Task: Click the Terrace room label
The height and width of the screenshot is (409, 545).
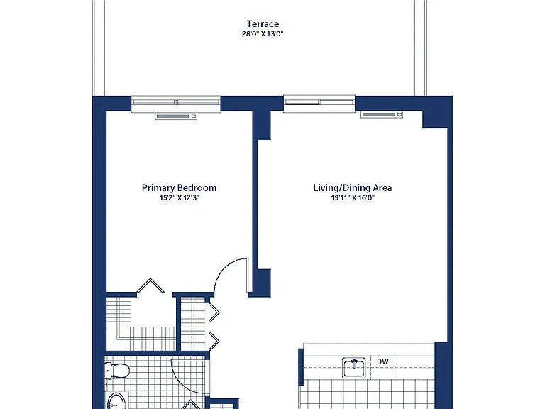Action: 263,24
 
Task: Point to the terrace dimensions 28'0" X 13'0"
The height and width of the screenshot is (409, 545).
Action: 263,34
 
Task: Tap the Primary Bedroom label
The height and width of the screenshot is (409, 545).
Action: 179,187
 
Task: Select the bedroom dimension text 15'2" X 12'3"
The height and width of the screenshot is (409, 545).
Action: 180,198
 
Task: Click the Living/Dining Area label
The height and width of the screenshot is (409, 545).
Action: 353,187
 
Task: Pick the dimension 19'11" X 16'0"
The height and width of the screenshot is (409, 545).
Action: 353,198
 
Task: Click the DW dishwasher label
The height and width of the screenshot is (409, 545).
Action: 382,361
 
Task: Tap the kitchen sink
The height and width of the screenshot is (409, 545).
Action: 354,368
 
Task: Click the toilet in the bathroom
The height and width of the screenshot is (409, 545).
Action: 117,371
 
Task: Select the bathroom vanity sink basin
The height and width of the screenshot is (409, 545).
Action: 116,401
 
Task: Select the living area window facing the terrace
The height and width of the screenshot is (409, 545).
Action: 319,102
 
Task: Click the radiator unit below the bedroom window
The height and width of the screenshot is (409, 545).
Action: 176,116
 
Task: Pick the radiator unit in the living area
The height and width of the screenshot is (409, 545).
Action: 382,114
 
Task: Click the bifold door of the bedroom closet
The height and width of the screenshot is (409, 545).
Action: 150,285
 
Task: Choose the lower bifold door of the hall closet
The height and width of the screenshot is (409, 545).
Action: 214,342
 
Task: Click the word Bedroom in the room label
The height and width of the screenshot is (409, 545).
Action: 196,187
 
